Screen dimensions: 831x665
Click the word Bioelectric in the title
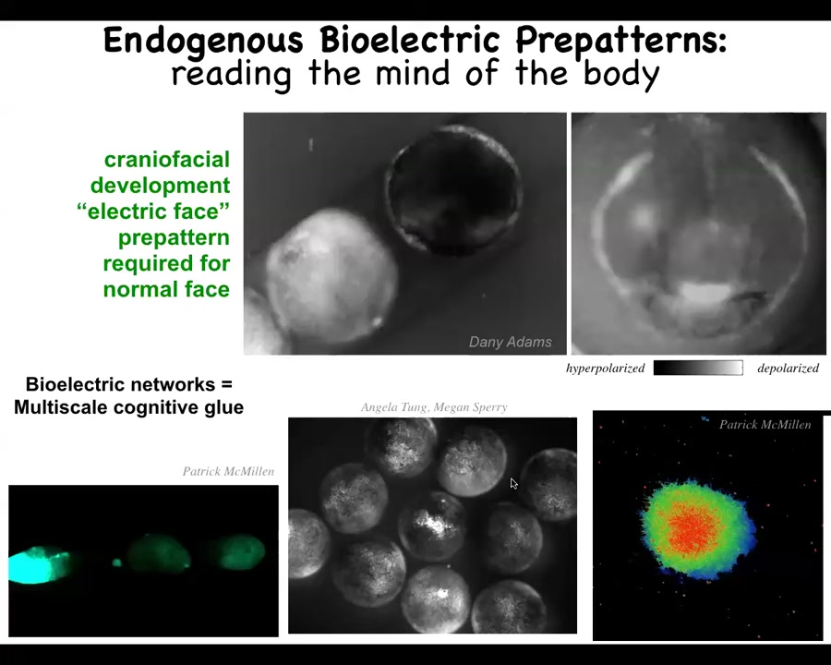(x=410, y=40)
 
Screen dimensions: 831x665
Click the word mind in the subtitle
(x=415, y=73)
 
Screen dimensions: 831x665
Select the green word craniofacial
(x=167, y=160)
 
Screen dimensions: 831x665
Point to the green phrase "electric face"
(x=153, y=212)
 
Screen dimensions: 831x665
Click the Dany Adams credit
(x=511, y=342)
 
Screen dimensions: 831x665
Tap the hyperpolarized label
(x=605, y=368)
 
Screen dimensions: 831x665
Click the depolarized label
(x=789, y=368)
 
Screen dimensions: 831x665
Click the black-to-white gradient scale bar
(x=698, y=368)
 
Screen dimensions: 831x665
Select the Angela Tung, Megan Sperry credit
(x=434, y=407)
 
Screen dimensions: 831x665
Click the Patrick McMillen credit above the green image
(x=228, y=471)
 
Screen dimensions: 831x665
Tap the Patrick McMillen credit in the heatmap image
(x=765, y=424)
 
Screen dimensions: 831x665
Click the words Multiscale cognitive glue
(x=128, y=407)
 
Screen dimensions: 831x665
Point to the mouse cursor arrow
(x=513, y=482)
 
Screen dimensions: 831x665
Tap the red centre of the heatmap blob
(x=693, y=527)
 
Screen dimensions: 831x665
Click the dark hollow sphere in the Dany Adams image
(x=454, y=189)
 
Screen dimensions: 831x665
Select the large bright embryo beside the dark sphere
(x=331, y=276)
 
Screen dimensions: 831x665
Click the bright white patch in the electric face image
(x=705, y=292)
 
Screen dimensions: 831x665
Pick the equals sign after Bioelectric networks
(x=227, y=384)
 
